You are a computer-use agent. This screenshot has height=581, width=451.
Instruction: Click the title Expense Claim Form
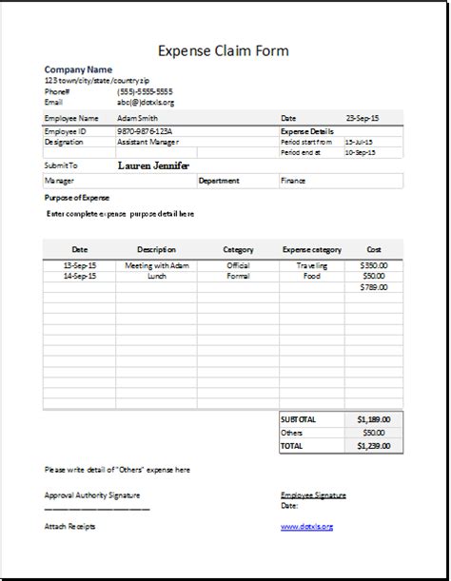coord(225,51)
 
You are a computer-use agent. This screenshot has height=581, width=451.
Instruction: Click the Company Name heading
coord(78,70)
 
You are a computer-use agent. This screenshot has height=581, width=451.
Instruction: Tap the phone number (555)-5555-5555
coord(145,91)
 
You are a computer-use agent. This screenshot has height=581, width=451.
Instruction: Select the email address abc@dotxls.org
coord(145,102)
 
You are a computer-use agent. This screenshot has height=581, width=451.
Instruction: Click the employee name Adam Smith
coord(138,119)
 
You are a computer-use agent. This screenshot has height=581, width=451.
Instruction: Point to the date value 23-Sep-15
coord(363,119)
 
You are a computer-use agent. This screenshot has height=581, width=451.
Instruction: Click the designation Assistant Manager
coord(148,142)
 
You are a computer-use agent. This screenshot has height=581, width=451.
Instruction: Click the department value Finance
coord(293,179)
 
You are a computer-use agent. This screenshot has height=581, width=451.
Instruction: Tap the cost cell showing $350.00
coord(374,265)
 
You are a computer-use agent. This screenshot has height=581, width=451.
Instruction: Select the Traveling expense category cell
coord(310,265)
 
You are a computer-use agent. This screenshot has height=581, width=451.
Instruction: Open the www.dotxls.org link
coord(306,526)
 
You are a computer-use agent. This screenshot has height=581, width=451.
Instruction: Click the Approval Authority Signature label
coord(92,495)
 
